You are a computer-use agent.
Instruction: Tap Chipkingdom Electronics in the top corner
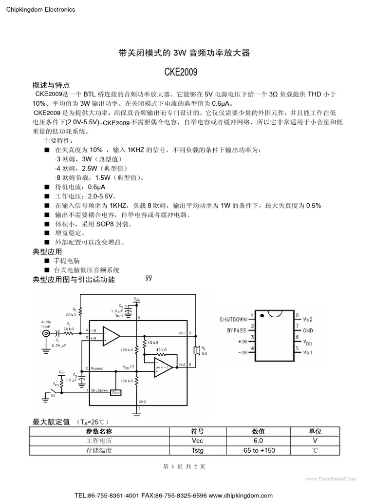pos(40,9)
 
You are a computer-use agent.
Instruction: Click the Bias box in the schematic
pos(115,392)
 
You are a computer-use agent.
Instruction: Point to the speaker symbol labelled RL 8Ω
pos(196,350)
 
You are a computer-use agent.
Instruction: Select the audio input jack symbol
pos(47,334)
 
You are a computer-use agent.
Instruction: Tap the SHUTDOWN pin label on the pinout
pos(233,319)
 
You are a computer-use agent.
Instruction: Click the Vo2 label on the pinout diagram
pos(308,319)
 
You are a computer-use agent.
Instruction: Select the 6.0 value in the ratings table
pos(258,441)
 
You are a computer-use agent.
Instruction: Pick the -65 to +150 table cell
pos(258,450)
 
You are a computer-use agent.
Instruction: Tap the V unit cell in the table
pos(315,441)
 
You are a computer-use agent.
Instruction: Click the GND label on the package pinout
pos(308,330)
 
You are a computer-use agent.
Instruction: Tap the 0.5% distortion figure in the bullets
pos(313,205)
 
